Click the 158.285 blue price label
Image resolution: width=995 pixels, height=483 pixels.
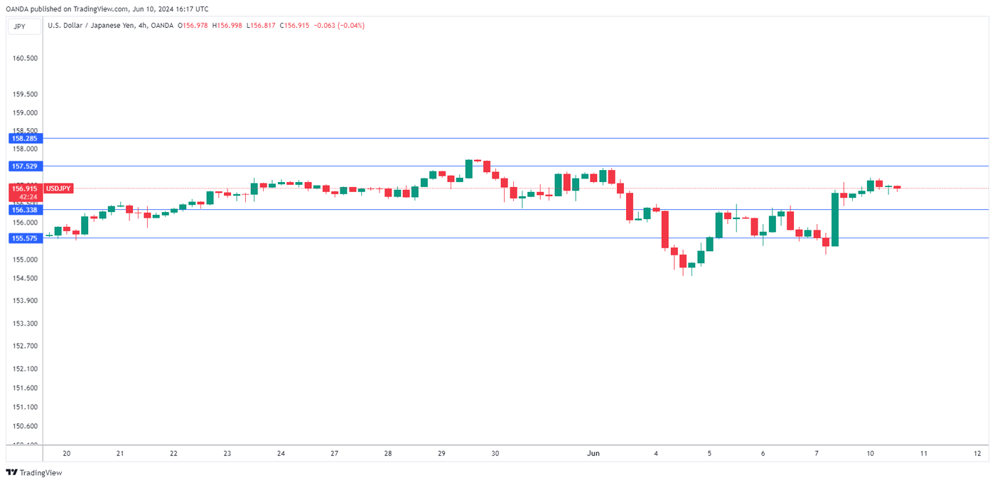coord(24,139)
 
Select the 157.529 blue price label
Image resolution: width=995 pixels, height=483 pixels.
coord(24,166)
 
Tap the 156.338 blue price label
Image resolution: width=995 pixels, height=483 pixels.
coord(24,210)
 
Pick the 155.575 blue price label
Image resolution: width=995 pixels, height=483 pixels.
coord(24,238)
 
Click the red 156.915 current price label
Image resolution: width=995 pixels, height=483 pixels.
coord(24,189)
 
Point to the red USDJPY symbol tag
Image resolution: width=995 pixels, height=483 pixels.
coord(58,189)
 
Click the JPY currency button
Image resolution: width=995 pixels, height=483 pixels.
coord(19,26)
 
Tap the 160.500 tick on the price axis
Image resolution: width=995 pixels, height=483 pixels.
coord(26,58)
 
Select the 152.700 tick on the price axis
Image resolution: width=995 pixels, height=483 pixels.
coord(26,346)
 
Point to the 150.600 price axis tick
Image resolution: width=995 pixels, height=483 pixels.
coord(26,426)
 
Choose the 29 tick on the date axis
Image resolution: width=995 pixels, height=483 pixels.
coord(441,453)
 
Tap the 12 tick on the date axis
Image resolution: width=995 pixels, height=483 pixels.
coord(978,453)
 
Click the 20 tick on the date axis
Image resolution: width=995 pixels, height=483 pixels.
coord(67,453)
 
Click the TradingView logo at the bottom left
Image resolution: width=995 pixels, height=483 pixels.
coord(34,472)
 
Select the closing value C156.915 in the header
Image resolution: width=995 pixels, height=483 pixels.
coord(294,26)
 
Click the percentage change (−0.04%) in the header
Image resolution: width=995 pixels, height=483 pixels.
coord(352,26)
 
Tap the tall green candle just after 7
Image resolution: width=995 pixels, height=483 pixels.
coord(835,219)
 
